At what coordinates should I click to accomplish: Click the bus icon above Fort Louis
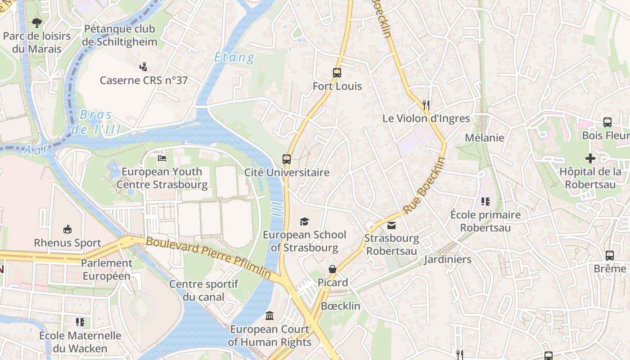click(337, 72)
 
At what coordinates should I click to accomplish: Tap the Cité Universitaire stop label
click(287, 172)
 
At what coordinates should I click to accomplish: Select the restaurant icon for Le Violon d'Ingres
click(426, 105)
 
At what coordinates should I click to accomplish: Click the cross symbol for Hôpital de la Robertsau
click(590, 158)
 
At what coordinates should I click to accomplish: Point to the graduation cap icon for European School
click(305, 221)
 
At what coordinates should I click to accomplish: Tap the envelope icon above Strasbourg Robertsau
click(391, 225)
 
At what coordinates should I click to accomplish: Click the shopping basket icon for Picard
click(333, 269)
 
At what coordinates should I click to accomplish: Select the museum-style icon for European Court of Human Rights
click(270, 315)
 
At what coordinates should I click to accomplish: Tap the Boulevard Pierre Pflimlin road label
click(208, 257)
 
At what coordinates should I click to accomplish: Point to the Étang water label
click(234, 58)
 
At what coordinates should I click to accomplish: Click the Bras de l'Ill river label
click(96, 122)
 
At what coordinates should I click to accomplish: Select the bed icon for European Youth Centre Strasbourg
click(162, 158)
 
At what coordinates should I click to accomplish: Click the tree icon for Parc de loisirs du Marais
click(37, 22)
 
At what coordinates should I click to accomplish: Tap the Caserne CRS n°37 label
click(144, 81)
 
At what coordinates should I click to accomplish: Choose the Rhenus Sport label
click(67, 243)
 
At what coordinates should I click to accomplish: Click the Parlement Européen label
click(107, 270)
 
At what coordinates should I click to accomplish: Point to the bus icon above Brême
click(610, 255)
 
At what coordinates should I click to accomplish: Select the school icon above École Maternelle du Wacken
click(80, 322)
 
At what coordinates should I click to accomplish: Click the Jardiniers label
click(447, 259)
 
